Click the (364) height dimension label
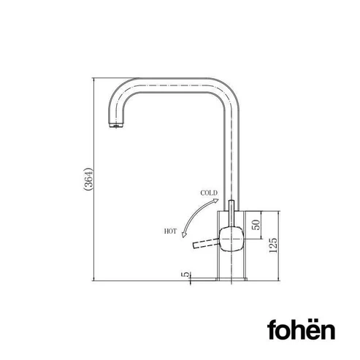[88, 179]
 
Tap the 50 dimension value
[256, 225]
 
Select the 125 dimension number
[273, 245]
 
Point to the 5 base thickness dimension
[185, 274]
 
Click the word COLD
[209, 193]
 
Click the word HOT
[170, 231]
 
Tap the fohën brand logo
[301, 329]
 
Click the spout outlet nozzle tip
[116, 126]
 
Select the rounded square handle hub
[231, 239]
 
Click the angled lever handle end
[195, 245]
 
